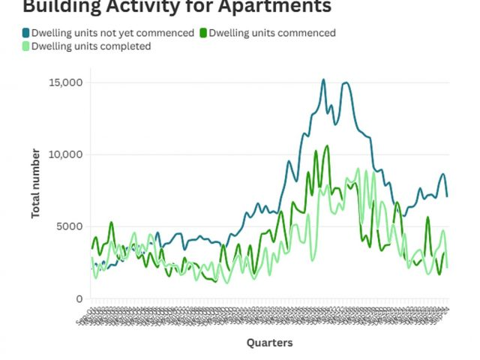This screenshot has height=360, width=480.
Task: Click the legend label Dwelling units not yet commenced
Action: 112,33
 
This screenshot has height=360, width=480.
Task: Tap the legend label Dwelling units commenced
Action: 271,33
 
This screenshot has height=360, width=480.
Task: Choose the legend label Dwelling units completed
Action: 91,46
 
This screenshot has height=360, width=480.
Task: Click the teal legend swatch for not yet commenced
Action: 26,33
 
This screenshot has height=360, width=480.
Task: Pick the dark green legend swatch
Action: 203,33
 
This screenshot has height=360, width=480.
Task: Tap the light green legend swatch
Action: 26,46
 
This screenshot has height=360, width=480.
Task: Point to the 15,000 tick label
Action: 66,82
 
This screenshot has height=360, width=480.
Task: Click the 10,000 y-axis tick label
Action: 66,154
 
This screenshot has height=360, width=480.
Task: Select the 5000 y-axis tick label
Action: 69,226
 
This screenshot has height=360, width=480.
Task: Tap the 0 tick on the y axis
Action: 79,298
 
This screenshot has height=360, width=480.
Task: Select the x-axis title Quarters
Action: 270,343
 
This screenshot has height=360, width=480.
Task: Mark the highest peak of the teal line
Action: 323,79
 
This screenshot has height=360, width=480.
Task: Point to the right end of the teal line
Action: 448,196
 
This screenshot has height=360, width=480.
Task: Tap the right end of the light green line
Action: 448,267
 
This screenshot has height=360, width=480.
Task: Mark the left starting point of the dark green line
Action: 92,248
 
